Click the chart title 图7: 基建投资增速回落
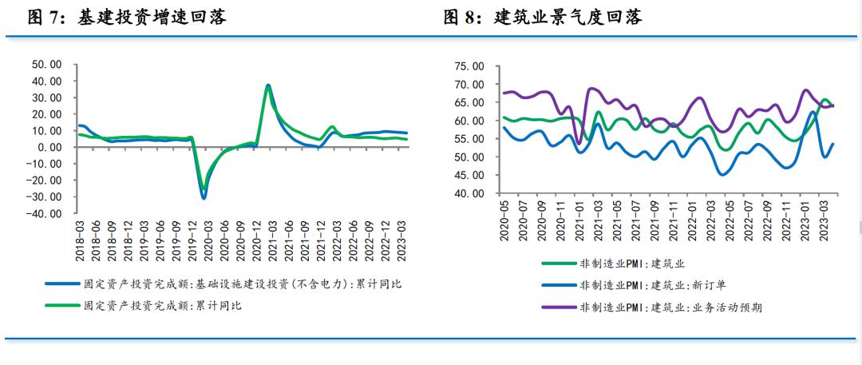click(127, 18)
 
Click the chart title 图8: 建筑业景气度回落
click(543, 18)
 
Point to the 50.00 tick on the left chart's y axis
click(45, 64)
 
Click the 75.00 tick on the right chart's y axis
click(468, 66)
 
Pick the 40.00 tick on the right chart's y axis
click(468, 193)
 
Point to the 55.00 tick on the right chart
click(468, 139)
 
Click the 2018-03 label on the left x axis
click(81, 239)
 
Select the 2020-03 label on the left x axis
click(204, 239)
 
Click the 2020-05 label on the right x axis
click(504, 219)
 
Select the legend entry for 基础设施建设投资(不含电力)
click(239, 284)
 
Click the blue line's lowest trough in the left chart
click(204, 197)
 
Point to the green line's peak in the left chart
click(268, 86)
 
